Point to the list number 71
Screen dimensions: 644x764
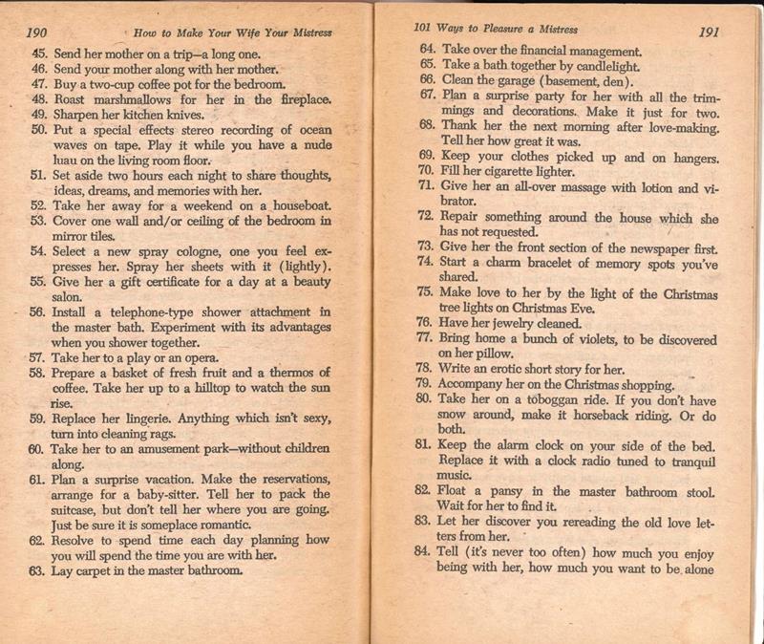427,187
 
